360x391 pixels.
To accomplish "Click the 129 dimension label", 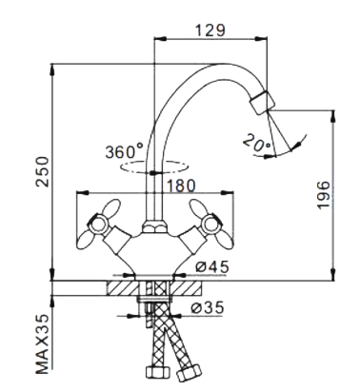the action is [x=210, y=30].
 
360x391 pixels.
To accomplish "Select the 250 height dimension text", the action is [x=43, y=171].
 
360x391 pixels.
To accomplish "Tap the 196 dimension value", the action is [x=324, y=195].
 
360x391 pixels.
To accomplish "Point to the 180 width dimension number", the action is [x=180, y=186].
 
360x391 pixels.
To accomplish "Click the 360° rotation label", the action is [x=125, y=151].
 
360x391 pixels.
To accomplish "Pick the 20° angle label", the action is [x=257, y=142].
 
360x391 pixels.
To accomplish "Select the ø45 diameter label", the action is [x=212, y=267].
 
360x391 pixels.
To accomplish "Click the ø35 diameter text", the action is [x=208, y=307].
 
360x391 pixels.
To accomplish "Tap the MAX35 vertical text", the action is [x=43, y=343].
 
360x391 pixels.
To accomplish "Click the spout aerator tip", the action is [x=263, y=102].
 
